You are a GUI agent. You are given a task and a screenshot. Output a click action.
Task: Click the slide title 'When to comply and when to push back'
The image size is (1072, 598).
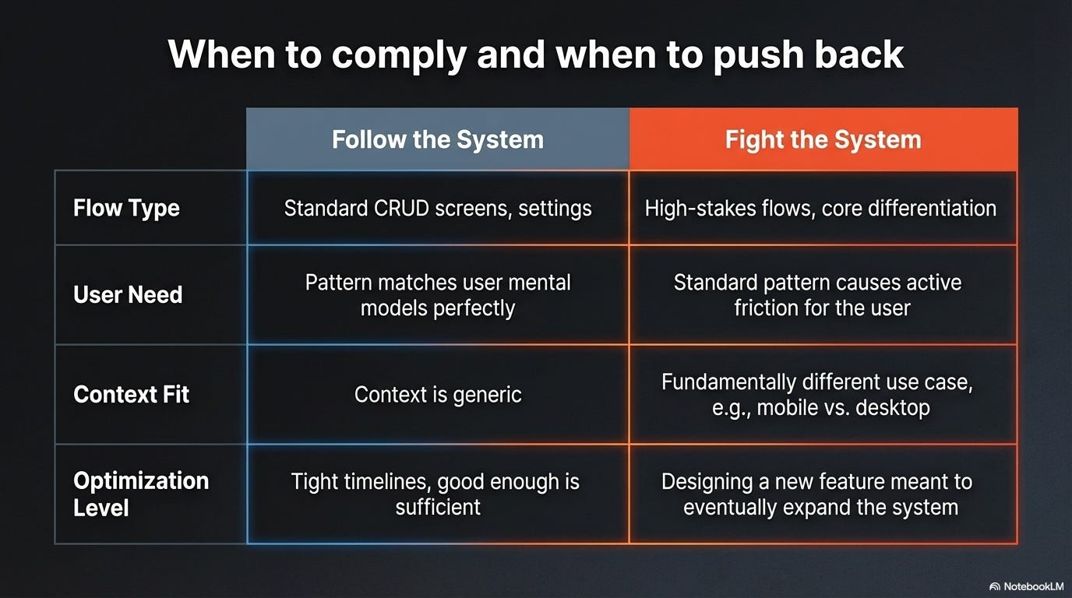(536, 55)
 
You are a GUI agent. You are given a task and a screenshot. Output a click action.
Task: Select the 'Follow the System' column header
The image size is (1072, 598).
(437, 140)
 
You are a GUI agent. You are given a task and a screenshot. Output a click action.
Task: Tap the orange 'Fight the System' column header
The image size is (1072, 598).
(823, 140)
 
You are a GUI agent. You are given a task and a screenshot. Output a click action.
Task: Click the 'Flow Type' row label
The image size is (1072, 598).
(126, 208)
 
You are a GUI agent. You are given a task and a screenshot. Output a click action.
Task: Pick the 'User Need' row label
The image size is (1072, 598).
(128, 294)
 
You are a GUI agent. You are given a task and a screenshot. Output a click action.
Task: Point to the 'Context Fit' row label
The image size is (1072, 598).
(131, 394)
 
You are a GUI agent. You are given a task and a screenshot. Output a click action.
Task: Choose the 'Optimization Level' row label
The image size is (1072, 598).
(141, 494)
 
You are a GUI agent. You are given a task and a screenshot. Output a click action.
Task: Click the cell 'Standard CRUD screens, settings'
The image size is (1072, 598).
(437, 209)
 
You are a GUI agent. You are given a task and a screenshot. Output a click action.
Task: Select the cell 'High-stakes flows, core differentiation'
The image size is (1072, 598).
(820, 209)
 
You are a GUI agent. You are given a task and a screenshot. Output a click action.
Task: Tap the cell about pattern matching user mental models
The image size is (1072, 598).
(437, 294)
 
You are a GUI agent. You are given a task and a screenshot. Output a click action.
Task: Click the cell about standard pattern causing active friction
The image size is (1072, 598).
(821, 294)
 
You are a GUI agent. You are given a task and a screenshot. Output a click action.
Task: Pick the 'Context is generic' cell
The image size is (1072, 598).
(437, 394)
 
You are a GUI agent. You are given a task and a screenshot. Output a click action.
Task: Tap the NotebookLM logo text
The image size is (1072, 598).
(1028, 586)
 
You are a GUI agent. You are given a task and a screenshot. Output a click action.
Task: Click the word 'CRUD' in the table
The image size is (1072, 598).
(397, 209)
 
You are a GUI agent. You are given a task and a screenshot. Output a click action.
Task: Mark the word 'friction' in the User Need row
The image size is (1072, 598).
(766, 308)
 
